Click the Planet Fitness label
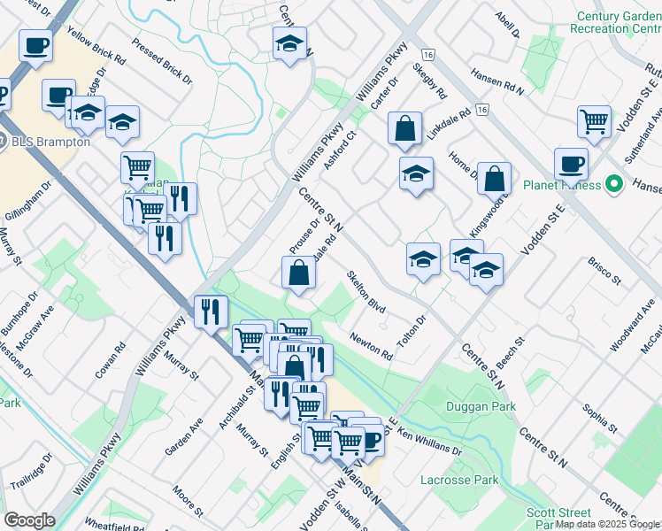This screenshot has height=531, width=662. pyautogui.click(x=560, y=186)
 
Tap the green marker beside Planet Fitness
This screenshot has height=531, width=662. pyautogui.click(x=612, y=185)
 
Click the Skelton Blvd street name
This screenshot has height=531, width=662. pyautogui.click(x=366, y=292)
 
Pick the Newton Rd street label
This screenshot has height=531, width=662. pyautogui.click(x=371, y=346)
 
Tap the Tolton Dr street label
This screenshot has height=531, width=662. pyautogui.click(x=412, y=332)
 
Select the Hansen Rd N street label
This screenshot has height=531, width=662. pyautogui.click(x=497, y=82)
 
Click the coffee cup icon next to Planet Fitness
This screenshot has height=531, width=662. pyautogui.click(x=571, y=164)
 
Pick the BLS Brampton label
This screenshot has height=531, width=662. pyautogui.click(x=50, y=142)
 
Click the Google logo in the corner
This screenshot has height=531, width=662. pyautogui.click(x=29, y=519)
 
